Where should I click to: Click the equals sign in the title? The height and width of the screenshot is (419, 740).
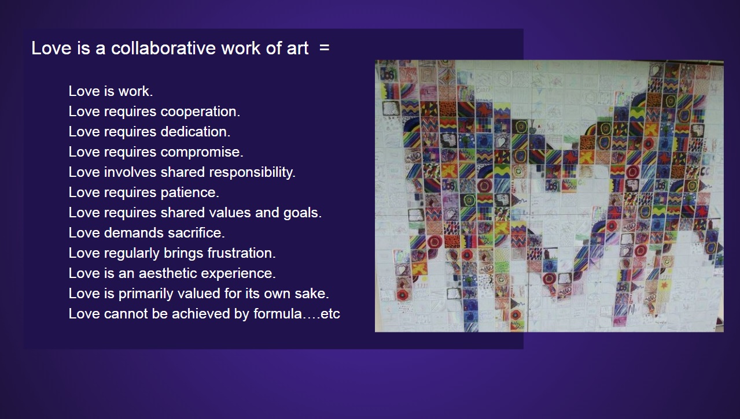coord(325,48)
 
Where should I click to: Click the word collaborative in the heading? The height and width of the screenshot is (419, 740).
coord(164,48)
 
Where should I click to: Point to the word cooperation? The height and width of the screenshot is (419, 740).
coord(200,112)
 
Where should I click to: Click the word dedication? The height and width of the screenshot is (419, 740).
coord(195,132)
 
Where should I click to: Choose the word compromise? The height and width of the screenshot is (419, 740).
coord(202,153)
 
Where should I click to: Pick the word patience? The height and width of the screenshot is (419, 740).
coord(190,192)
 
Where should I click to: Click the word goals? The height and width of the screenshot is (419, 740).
coord(302,213)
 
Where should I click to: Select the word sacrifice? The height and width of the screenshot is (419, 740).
coord(196,233)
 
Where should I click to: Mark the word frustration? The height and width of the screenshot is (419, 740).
coord(241,253)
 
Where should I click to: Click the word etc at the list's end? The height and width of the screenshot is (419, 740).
coord(330,314)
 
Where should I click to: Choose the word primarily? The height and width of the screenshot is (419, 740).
coord(146,294)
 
